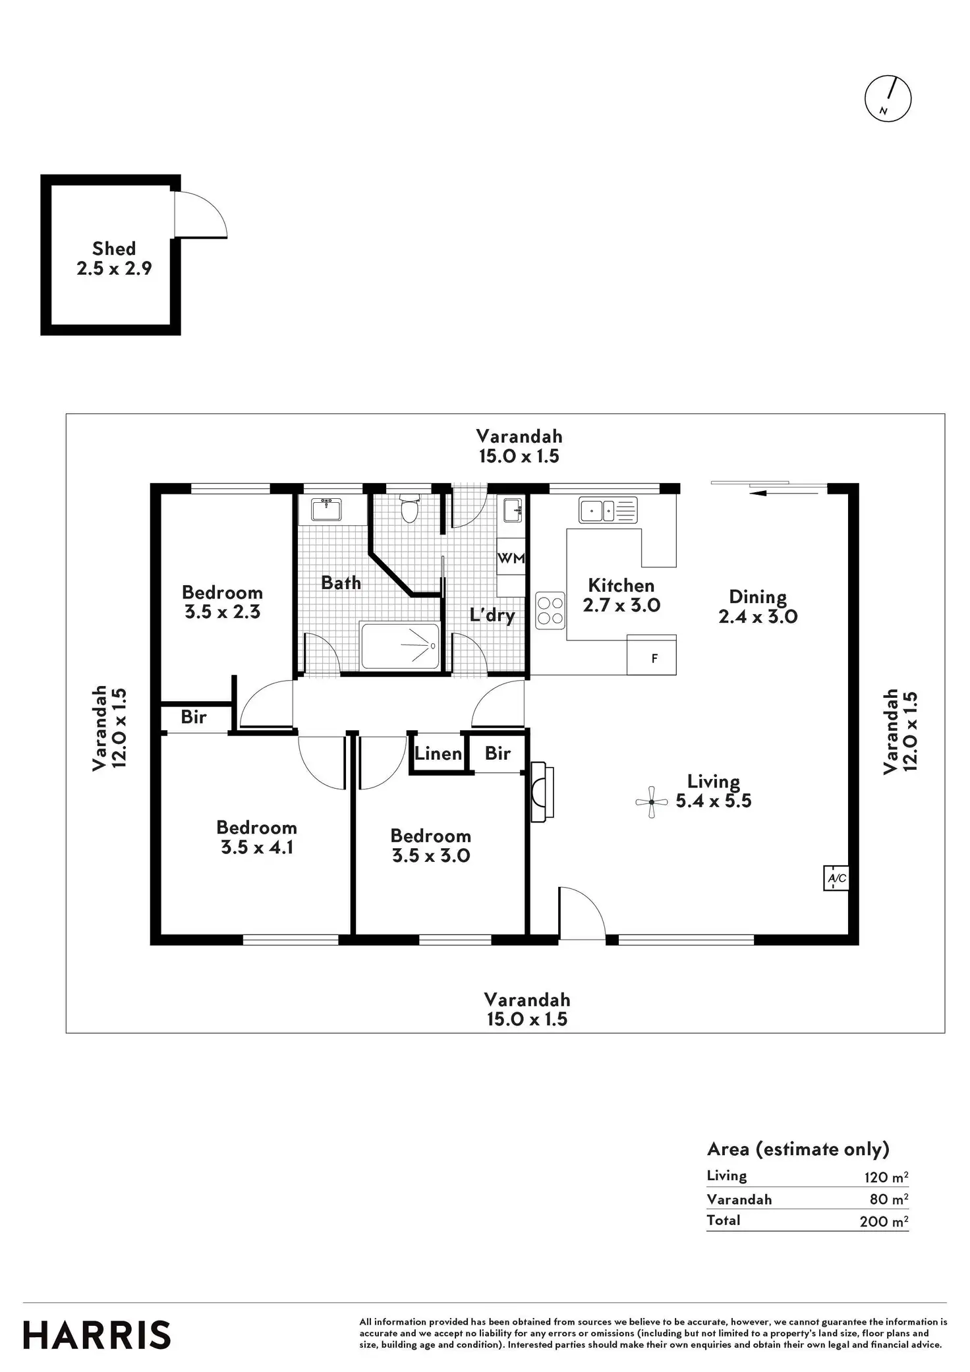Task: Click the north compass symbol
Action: pos(887,100)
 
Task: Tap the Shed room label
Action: pos(114,248)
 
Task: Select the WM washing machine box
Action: pos(511,558)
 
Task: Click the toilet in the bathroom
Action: pos(409,508)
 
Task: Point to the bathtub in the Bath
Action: pos(399,645)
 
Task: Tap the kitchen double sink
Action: pos(608,510)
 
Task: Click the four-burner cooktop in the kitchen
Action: pos(550,610)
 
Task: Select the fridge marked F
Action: pos(654,658)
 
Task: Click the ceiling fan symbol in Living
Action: pos(652,802)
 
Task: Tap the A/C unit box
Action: pos(836,878)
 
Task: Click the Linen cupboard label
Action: pos(438,753)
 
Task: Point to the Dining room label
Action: pos(757,597)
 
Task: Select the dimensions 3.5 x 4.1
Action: pos(256,847)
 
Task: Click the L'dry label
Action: pos(492,615)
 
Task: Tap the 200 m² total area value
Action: pos(883,1221)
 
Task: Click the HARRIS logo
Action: pos(97,1335)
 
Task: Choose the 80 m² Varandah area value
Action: pos(888,1199)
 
